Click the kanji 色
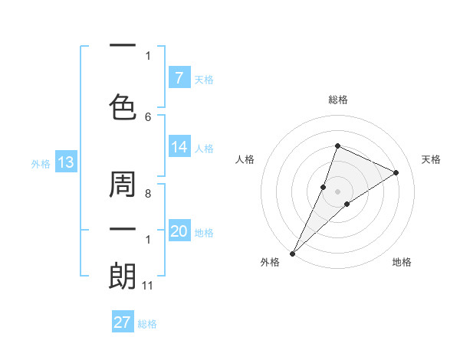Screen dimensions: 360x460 pyautogui.click(x=123, y=106)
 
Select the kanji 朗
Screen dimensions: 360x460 pyautogui.click(x=123, y=275)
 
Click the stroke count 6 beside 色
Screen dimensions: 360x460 pyautogui.click(x=148, y=116)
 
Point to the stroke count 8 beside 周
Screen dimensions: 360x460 pyautogui.click(x=148, y=195)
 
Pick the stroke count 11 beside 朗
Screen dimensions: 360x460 pyautogui.click(x=148, y=286)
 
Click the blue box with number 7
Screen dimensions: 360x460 pyautogui.click(x=179, y=78)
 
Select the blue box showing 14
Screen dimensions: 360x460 pyautogui.click(x=179, y=148)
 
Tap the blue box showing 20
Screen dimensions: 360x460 pyautogui.click(x=179, y=232)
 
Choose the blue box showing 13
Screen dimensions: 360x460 pyautogui.click(x=65, y=162)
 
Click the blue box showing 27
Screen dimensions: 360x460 pyautogui.click(x=123, y=322)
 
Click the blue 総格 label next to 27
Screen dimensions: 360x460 pyautogui.click(x=147, y=324)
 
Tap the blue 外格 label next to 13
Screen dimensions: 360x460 pyautogui.click(x=40, y=163)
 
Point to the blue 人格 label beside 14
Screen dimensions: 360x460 pyautogui.click(x=204, y=149)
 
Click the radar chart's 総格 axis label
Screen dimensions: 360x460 pyautogui.click(x=337, y=100)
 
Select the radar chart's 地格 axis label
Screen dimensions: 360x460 pyautogui.click(x=402, y=262)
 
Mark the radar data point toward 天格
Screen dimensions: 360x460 pyautogui.click(x=396, y=172)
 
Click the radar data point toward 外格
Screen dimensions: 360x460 pyautogui.click(x=292, y=254)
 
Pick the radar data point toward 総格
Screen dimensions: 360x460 pyautogui.click(x=337, y=146)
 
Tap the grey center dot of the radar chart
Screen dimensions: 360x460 pyautogui.click(x=337, y=191)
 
